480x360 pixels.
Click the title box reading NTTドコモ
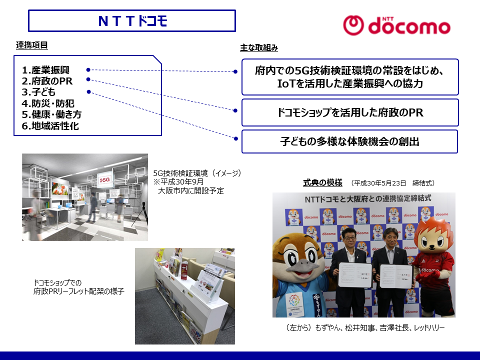click(x=132, y=21)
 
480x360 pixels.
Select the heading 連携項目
click(x=32, y=46)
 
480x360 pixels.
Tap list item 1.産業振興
click(x=45, y=70)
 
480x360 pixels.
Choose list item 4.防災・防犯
click(x=48, y=103)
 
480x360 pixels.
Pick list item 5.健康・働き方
click(x=51, y=114)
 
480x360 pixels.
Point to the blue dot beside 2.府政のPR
click(x=88, y=79)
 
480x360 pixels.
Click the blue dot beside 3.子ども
click(x=88, y=91)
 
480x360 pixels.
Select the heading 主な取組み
click(x=259, y=48)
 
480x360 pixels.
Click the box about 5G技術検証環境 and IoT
click(x=350, y=77)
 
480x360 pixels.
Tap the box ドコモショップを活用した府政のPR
click(x=350, y=112)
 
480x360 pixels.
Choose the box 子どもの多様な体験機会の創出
click(x=350, y=141)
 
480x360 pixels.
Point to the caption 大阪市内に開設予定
click(x=191, y=190)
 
